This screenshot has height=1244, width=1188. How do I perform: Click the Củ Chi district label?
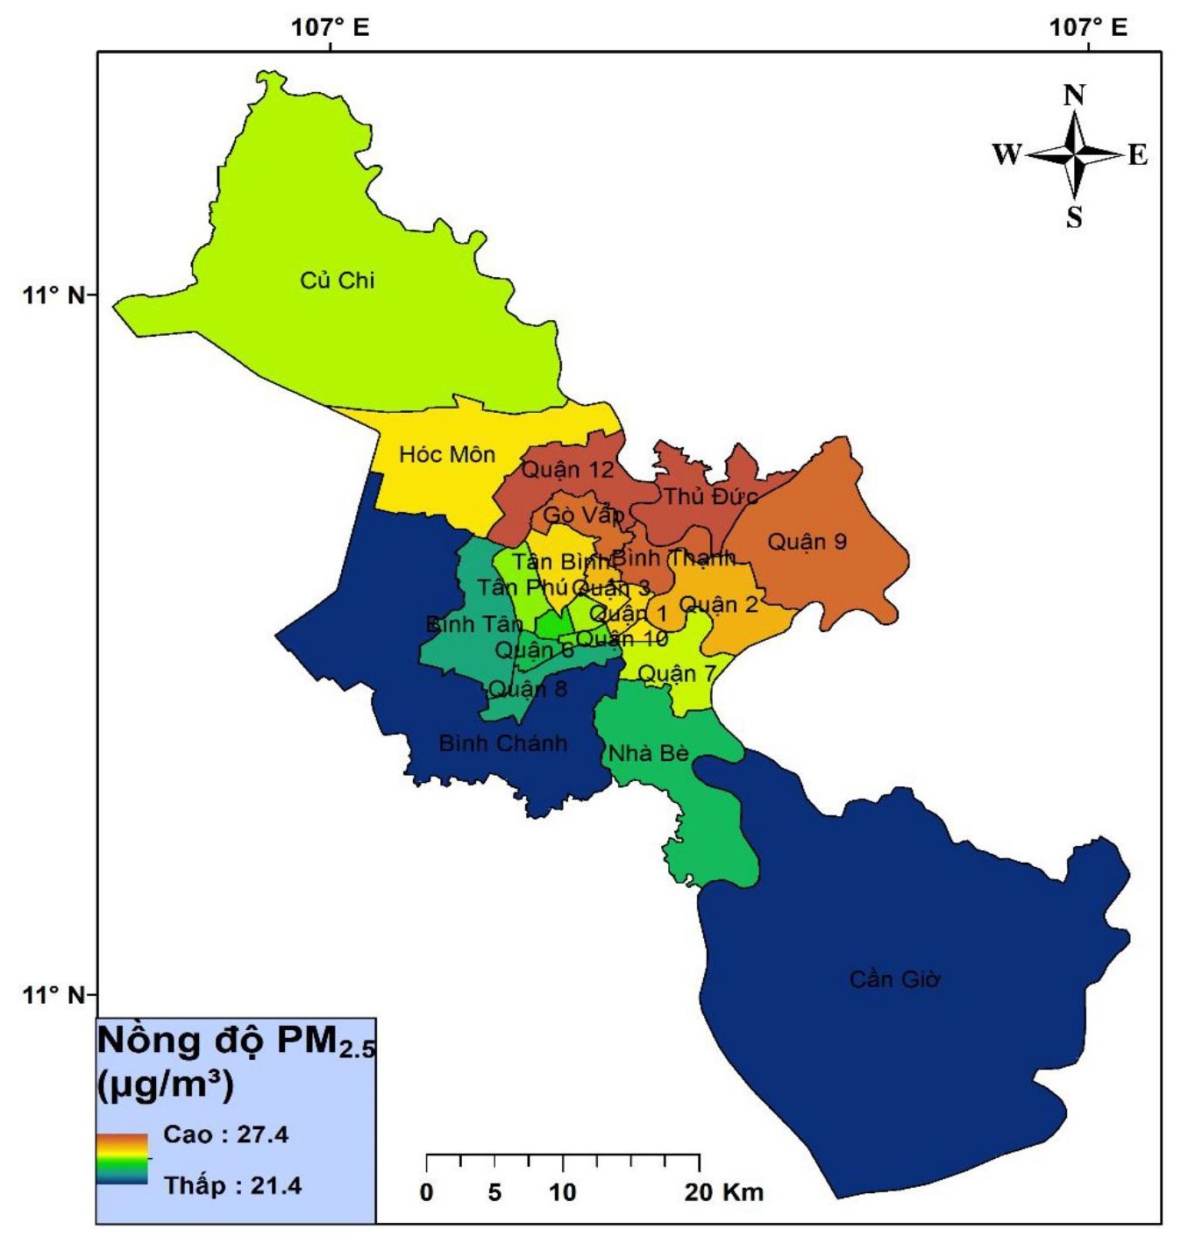[337, 281]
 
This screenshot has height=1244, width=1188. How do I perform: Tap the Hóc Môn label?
[446, 454]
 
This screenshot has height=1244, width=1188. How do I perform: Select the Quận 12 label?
[567, 470]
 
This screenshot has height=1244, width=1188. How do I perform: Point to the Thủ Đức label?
[709, 496]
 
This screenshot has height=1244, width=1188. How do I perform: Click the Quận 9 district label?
[807, 542]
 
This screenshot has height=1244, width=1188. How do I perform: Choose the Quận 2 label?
[718, 604]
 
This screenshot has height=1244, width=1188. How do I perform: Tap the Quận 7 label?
[676, 673]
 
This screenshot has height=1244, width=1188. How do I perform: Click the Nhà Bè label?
[648, 753]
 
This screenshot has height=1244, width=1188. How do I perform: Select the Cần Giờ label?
[894, 978]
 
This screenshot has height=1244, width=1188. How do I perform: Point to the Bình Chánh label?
[502, 743]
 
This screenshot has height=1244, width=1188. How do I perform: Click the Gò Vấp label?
[583, 515]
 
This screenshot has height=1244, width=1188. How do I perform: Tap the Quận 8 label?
[527, 689]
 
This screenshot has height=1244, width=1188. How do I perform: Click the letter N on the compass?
[1074, 95]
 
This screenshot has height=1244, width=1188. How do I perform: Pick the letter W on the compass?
[1007, 155]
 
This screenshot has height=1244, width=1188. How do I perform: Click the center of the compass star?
[1075, 155]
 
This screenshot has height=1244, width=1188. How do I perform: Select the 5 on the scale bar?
[494, 1192]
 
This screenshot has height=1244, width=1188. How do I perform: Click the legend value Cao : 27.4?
[225, 1134]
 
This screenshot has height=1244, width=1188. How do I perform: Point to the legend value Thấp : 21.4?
[232, 1185]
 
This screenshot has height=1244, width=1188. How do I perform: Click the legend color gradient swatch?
[122, 1159]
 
